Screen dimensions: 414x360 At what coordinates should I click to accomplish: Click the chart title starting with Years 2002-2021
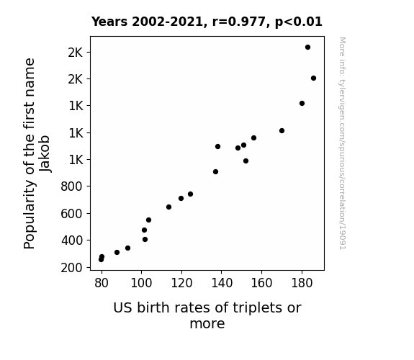[x=207, y=22]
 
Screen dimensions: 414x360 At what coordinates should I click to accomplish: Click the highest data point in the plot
[x=307, y=48]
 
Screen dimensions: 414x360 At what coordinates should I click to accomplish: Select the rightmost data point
[x=313, y=78]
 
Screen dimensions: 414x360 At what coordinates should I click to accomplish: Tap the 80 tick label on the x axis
[x=102, y=283]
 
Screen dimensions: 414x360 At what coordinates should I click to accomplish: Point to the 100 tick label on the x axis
[x=141, y=283]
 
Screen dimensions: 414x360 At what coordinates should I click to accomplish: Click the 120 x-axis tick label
[x=181, y=283]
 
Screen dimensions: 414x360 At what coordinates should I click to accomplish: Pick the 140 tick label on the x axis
[x=222, y=283]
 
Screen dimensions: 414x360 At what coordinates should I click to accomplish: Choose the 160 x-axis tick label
[x=261, y=283]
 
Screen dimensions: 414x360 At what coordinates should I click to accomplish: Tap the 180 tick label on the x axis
[x=302, y=283]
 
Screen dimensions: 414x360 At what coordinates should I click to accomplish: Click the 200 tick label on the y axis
[x=71, y=268]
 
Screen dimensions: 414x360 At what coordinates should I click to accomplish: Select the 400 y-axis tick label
[x=71, y=240]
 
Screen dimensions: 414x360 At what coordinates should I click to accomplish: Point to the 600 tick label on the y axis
[x=71, y=213]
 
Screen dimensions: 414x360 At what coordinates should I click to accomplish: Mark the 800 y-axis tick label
[x=71, y=186]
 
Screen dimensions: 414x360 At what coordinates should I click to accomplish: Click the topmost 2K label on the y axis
[x=76, y=53]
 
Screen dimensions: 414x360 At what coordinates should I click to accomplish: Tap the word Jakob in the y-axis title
[x=45, y=153]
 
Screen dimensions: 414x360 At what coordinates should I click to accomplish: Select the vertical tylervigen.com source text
[x=343, y=143]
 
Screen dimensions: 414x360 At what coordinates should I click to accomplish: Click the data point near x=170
[x=282, y=131]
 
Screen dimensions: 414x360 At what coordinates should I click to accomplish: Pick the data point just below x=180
[x=302, y=103]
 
